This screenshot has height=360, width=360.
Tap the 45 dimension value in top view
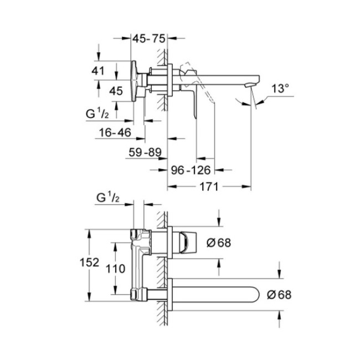tap(115, 91)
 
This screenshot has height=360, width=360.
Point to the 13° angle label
tap(281, 88)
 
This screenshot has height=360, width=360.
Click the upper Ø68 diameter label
tap(217, 243)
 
